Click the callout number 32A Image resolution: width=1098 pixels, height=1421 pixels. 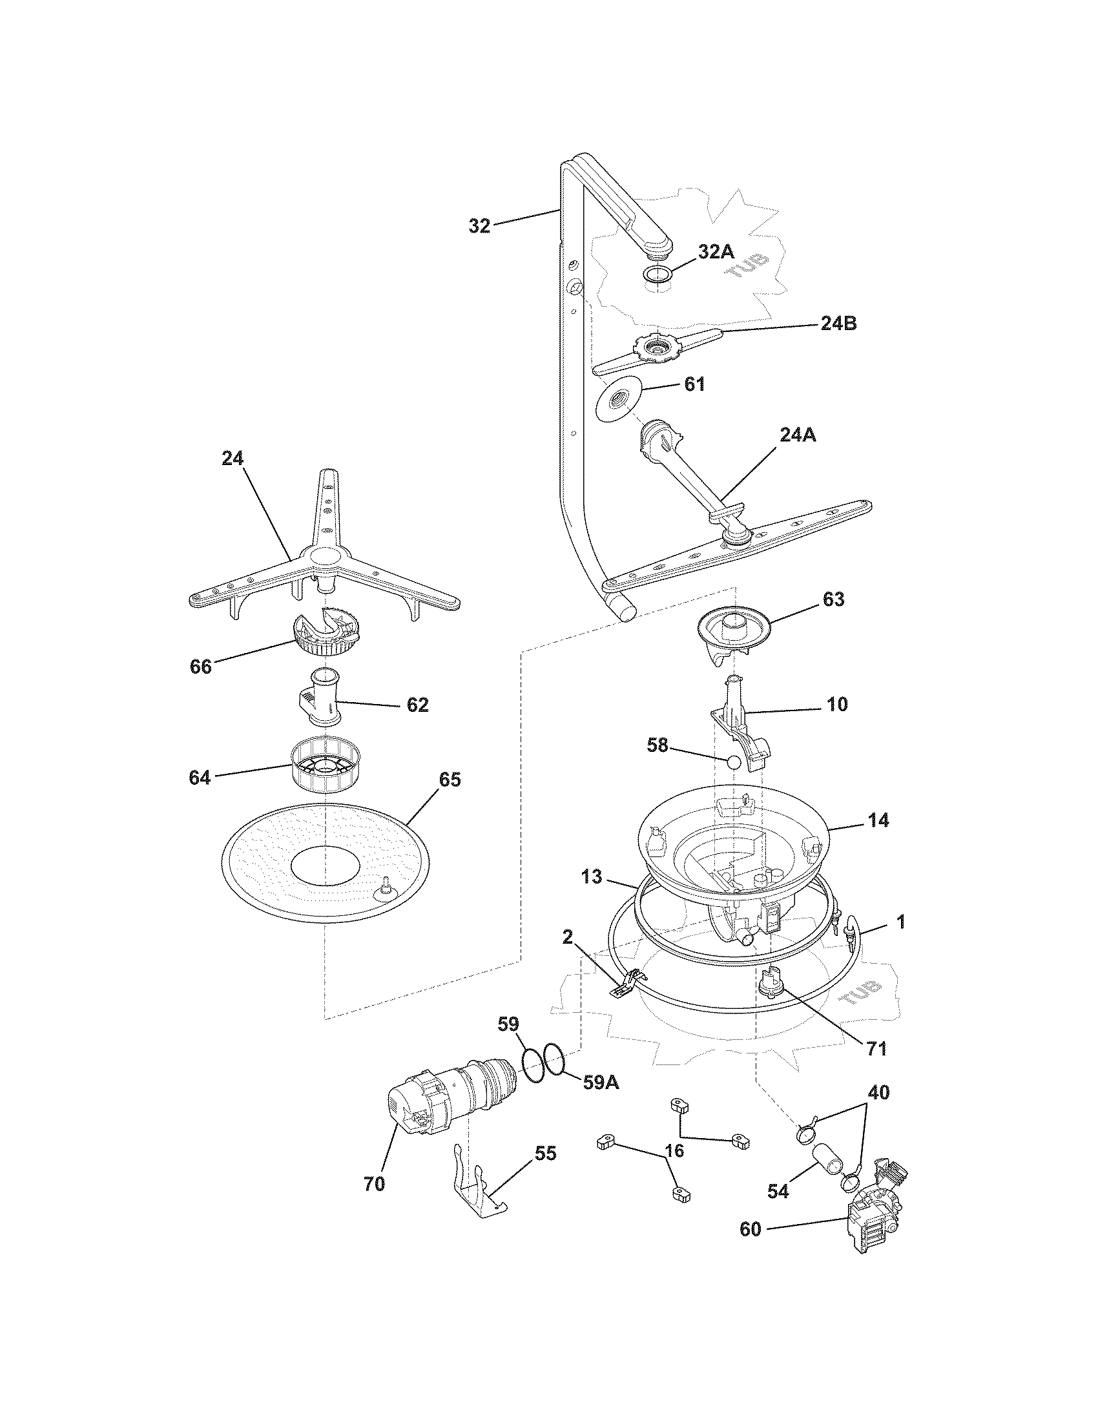coord(716,252)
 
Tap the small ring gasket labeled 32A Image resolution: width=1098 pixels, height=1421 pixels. coord(658,273)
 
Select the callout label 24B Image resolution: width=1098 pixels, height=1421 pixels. coord(838,324)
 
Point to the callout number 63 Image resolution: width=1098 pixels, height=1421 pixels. coord(833,599)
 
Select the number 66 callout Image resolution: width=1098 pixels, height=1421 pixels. coord(200,667)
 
